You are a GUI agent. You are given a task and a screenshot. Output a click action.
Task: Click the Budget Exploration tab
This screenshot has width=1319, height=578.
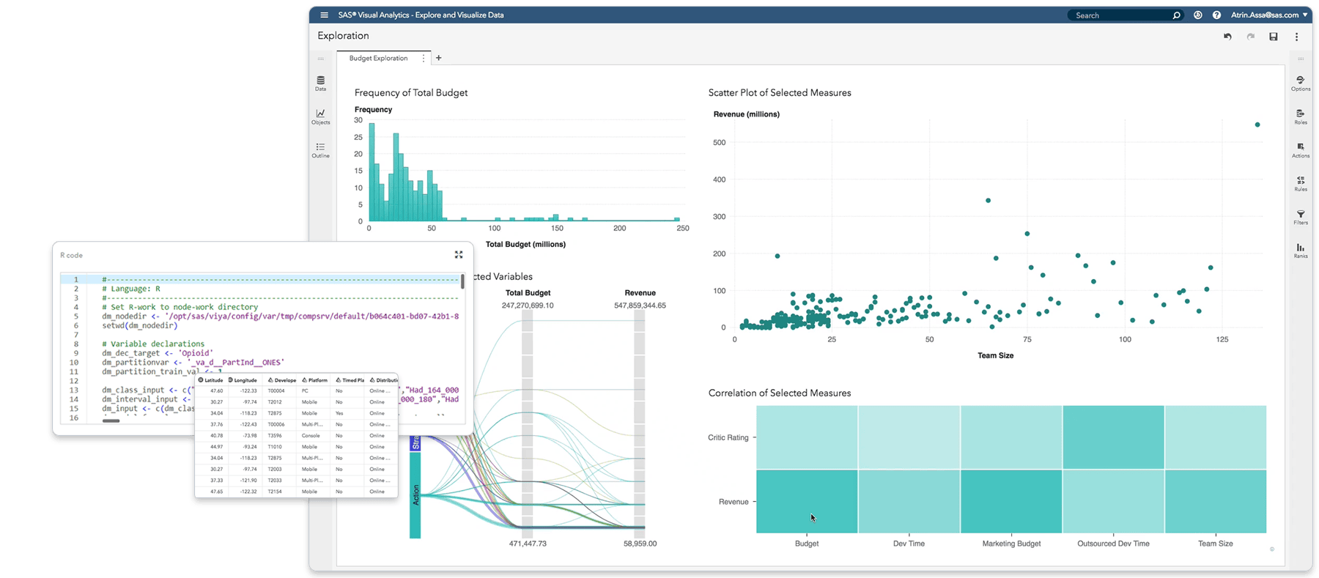378,58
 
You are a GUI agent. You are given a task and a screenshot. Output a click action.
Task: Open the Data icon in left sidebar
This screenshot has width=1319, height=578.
321,82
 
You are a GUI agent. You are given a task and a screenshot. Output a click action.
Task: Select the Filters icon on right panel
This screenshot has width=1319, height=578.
1301,217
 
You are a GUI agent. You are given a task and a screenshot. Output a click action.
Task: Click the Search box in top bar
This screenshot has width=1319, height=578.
1121,15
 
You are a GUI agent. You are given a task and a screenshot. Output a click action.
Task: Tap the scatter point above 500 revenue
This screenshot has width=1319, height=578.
1257,125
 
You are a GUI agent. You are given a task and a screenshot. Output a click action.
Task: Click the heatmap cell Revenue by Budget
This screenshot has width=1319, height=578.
807,501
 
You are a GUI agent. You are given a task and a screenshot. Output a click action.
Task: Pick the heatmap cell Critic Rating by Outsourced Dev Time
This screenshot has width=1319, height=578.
1113,437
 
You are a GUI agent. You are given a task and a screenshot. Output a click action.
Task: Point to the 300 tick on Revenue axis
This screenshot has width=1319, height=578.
719,217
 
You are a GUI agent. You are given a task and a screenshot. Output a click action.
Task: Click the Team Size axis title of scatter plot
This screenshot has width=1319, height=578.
995,355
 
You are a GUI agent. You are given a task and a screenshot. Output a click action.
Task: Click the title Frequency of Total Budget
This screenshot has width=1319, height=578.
410,92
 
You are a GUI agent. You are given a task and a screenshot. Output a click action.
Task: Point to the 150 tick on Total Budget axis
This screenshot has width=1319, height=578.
557,229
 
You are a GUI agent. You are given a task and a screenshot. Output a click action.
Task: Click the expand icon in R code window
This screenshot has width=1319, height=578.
459,254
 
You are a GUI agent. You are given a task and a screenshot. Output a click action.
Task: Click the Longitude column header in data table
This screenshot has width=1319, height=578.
245,380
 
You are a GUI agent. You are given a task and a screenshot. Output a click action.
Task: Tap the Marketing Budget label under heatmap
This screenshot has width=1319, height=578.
1011,544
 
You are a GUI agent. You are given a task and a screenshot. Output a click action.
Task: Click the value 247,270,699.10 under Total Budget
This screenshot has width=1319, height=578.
528,305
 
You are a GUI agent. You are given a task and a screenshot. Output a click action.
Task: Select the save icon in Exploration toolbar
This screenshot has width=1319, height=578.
1274,37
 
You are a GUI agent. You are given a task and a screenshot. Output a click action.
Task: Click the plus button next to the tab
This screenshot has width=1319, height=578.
439,58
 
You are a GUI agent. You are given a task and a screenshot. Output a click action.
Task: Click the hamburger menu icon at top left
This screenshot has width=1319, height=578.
325,15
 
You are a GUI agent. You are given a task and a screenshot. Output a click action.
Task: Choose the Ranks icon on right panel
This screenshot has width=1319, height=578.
1301,250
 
